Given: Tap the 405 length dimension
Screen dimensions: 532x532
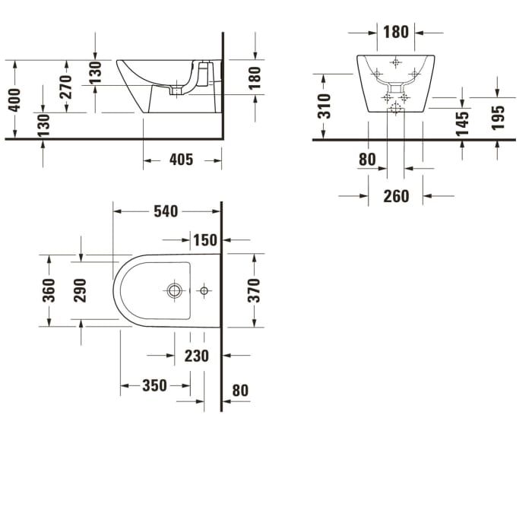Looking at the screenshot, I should tap(181, 160).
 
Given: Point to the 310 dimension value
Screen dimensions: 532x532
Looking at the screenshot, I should tap(325, 106).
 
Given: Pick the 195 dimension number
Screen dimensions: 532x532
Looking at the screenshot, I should tap(498, 118).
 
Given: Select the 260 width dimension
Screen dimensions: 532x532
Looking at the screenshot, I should tap(395, 196).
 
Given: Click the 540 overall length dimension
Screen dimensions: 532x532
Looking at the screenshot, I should tap(166, 211).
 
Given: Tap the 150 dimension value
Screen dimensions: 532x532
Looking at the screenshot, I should tap(204, 240).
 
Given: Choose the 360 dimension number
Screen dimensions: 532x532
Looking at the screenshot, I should tap(49, 290).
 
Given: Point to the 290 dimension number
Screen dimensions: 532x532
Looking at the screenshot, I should tap(80, 290).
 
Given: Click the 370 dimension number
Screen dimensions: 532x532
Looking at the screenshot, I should tap(254, 290).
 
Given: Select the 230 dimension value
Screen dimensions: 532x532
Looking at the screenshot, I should tap(196, 356).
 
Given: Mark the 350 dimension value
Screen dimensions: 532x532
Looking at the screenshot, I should tap(154, 386).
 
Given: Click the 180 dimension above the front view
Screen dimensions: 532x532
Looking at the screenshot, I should tap(395, 32).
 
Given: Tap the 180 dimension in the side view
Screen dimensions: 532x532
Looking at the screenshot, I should tap(254, 75).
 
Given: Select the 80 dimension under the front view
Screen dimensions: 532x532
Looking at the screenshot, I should tap(367, 160).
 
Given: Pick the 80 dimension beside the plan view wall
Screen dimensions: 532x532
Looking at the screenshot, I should tap(240, 391).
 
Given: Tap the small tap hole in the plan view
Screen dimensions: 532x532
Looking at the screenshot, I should tap(204, 290).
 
